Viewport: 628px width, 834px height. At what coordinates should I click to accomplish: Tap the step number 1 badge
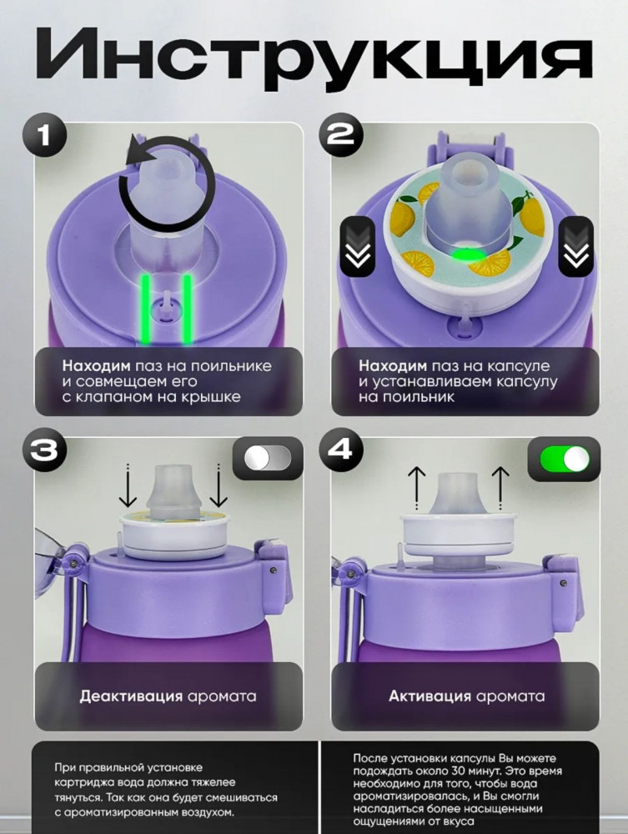coord(45,135)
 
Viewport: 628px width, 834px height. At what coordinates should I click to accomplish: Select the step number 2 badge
coord(340,135)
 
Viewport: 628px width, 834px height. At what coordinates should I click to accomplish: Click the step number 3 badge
coord(45,450)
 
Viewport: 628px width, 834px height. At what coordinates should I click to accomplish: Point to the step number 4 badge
coord(340,450)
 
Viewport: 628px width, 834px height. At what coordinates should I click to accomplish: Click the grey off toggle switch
coord(268,458)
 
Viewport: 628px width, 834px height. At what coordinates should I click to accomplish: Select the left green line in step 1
coord(145,308)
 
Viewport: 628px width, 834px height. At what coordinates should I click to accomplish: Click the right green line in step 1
coord(187,308)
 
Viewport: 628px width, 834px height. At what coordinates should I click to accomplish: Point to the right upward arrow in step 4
coord(500,488)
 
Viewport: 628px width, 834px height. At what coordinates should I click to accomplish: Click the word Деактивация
coord(131,696)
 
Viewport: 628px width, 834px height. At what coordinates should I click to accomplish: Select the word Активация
coord(430,696)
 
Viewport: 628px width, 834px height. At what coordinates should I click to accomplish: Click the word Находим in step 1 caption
coord(96,366)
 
